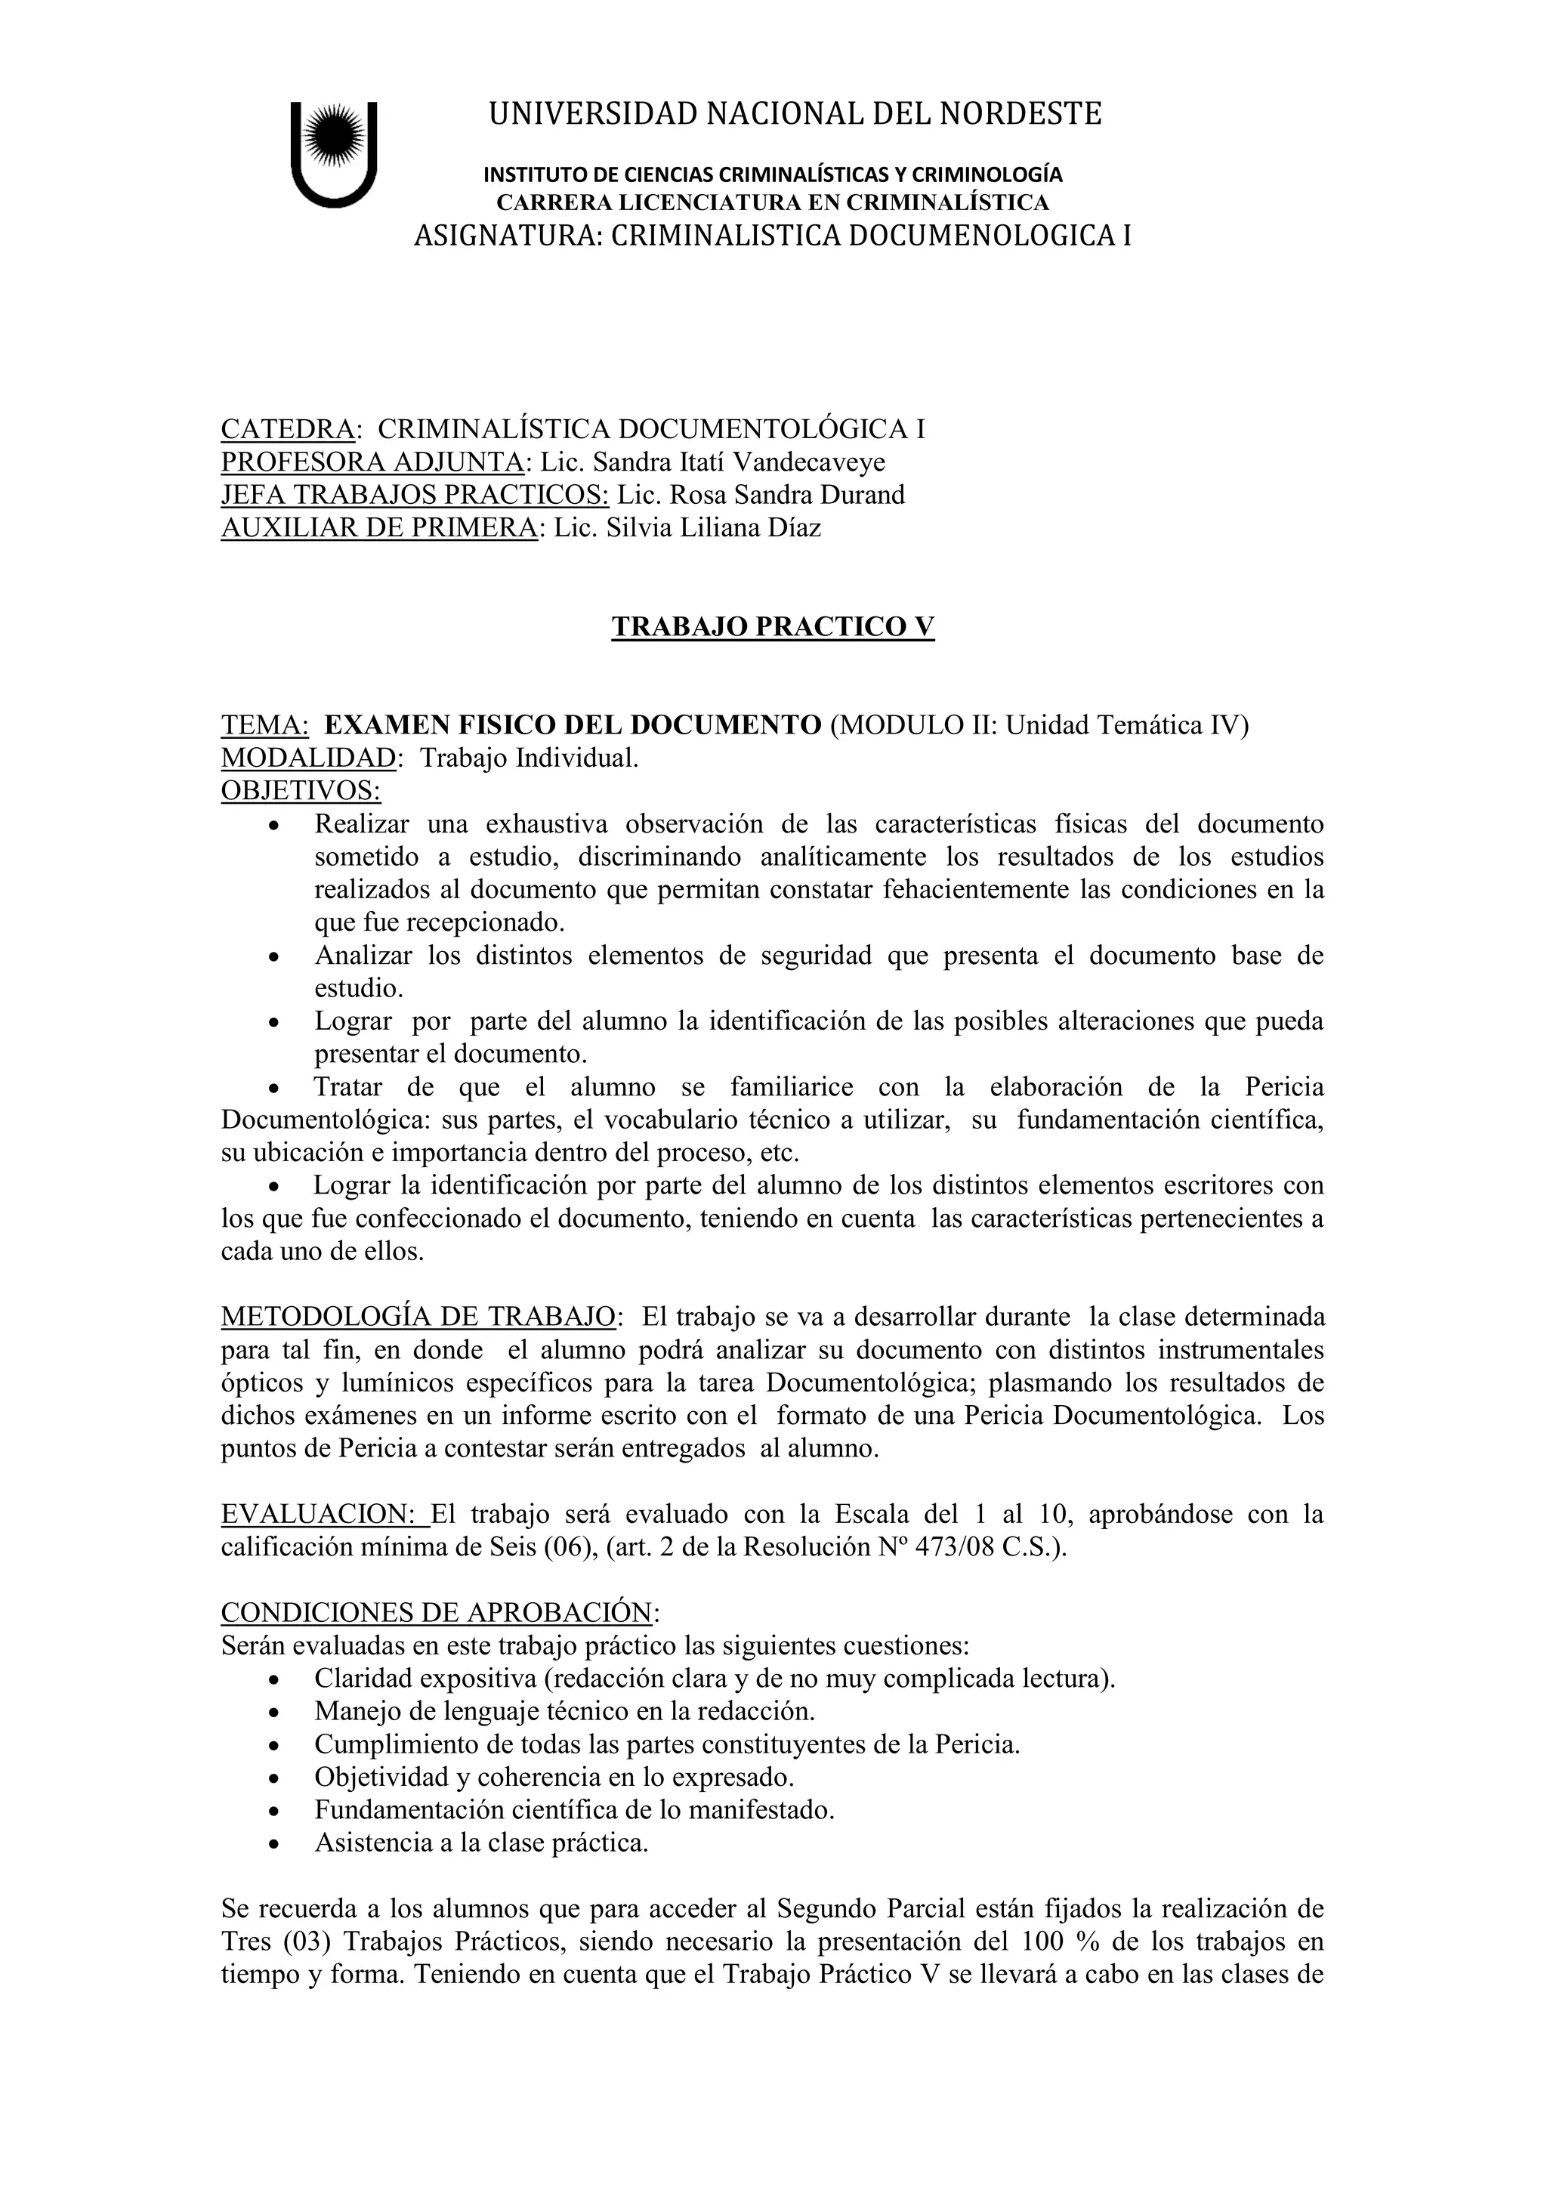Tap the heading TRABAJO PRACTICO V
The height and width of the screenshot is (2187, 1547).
point(773,627)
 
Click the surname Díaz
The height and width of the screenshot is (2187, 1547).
point(795,528)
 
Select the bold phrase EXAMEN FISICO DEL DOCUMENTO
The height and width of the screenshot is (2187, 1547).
point(573,725)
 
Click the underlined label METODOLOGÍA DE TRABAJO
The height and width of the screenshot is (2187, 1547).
point(417,1317)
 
